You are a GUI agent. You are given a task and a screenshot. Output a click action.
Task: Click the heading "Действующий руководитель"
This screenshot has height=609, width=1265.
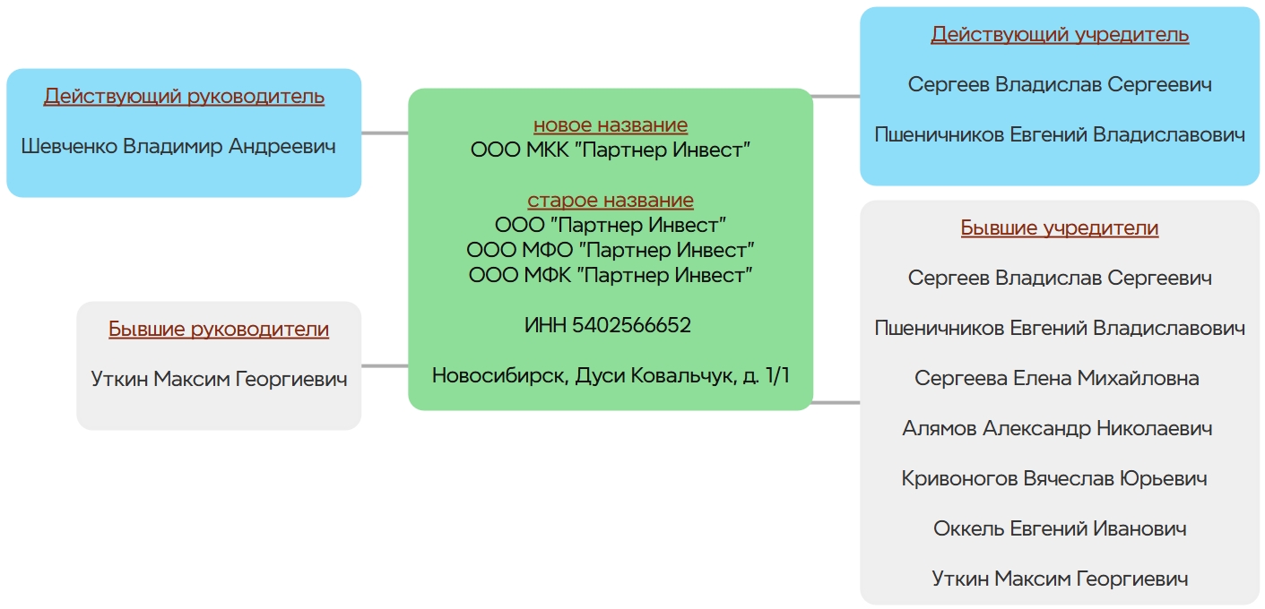pyautogui.click(x=184, y=97)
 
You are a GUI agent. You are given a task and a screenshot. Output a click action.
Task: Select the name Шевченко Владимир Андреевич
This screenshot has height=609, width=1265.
pyautogui.click(x=178, y=146)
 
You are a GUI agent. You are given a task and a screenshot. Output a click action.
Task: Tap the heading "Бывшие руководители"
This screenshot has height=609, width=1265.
pyautogui.click(x=219, y=330)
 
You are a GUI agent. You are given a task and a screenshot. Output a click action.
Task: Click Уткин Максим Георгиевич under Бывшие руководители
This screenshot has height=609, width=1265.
pyautogui.click(x=219, y=380)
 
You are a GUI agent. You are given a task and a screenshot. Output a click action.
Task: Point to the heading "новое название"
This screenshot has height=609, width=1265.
pyautogui.click(x=611, y=125)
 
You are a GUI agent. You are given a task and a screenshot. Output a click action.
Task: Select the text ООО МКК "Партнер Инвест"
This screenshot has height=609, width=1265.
pyautogui.click(x=611, y=150)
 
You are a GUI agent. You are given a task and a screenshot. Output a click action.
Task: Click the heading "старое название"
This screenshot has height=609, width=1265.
pyautogui.click(x=611, y=201)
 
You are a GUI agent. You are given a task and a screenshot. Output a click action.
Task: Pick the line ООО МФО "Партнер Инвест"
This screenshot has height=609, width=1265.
pyautogui.click(x=611, y=250)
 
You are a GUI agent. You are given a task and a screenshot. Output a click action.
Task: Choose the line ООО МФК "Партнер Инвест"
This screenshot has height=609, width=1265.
pyautogui.click(x=611, y=275)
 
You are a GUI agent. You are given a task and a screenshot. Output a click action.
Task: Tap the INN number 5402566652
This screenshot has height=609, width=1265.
pyautogui.click(x=608, y=325)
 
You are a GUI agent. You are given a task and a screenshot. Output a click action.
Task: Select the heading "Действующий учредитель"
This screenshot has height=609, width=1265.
pyautogui.click(x=1060, y=35)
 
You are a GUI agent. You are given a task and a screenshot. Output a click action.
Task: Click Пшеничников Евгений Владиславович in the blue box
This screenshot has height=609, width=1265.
pyautogui.click(x=1060, y=135)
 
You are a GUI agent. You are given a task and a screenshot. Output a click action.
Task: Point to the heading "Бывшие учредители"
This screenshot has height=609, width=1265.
pyautogui.click(x=1060, y=228)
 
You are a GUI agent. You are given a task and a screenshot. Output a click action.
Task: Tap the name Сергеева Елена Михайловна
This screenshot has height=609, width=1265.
pyautogui.click(x=1057, y=379)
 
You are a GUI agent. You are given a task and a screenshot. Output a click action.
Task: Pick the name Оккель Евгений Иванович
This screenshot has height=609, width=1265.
pyautogui.click(x=1060, y=529)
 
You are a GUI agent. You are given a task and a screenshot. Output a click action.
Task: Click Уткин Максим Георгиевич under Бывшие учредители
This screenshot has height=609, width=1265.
pyautogui.click(x=1060, y=579)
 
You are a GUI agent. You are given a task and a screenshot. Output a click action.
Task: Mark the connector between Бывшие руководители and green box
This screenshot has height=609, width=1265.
pyautogui.click(x=385, y=365)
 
